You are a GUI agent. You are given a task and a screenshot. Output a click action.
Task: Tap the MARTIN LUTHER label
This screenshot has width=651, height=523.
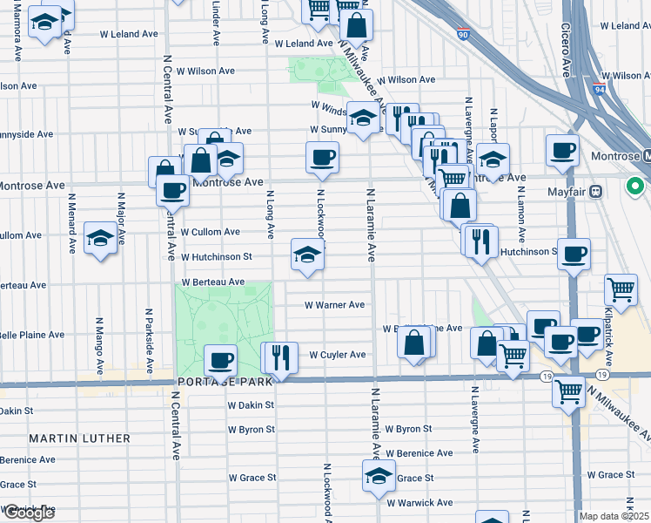click(79, 438)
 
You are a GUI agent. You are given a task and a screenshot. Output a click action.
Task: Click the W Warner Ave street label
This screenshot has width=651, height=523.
click(333, 305)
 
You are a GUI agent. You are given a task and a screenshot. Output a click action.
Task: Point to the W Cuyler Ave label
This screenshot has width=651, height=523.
click(338, 355)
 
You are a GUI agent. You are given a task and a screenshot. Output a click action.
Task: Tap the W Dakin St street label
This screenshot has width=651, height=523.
click(252, 405)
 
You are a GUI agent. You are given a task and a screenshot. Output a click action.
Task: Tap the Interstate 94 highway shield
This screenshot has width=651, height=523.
click(598, 88)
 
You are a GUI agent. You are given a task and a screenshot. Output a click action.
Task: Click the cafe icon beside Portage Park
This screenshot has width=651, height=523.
click(220, 359)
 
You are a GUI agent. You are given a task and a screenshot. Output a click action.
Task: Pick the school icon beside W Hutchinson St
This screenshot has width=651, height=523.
click(307, 254)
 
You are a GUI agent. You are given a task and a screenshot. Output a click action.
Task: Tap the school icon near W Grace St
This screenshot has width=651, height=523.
click(379, 476)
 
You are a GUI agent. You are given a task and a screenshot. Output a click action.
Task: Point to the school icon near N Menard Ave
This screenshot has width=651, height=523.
click(100, 237)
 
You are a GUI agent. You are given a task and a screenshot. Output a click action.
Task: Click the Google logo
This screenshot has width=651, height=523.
click(28, 513)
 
